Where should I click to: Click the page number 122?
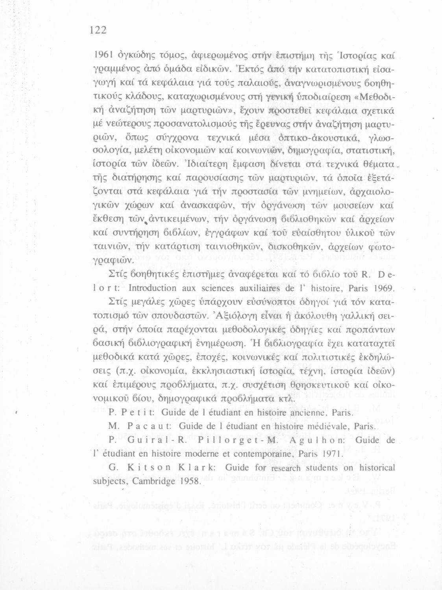(98, 30)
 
